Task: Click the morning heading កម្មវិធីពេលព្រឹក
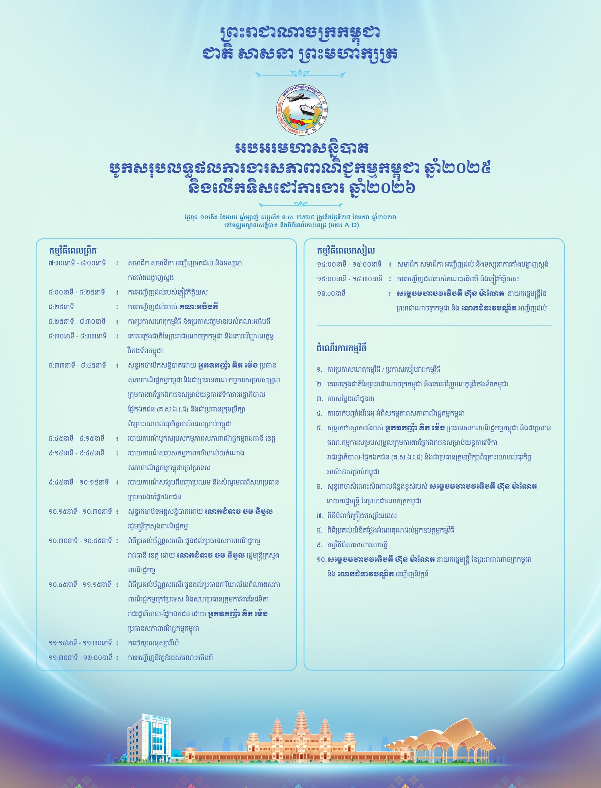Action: pyautogui.click(x=73, y=250)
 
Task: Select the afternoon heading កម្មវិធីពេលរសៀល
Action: pyautogui.click(x=346, y=250)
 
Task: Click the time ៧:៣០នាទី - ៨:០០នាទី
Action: pyautogui.click(x=77, y=263)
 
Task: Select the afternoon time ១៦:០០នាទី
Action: pyautogui.click(x=331, y=293)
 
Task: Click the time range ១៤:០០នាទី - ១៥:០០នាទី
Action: pyautogui.click(x=349, y=264)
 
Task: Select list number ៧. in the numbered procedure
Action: pyautogui.click(x=319, y=516)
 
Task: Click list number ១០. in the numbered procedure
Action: pyautogui.click(x=321, y=559)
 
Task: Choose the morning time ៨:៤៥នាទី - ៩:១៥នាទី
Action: pyautogui.click(x=77, y=438)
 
